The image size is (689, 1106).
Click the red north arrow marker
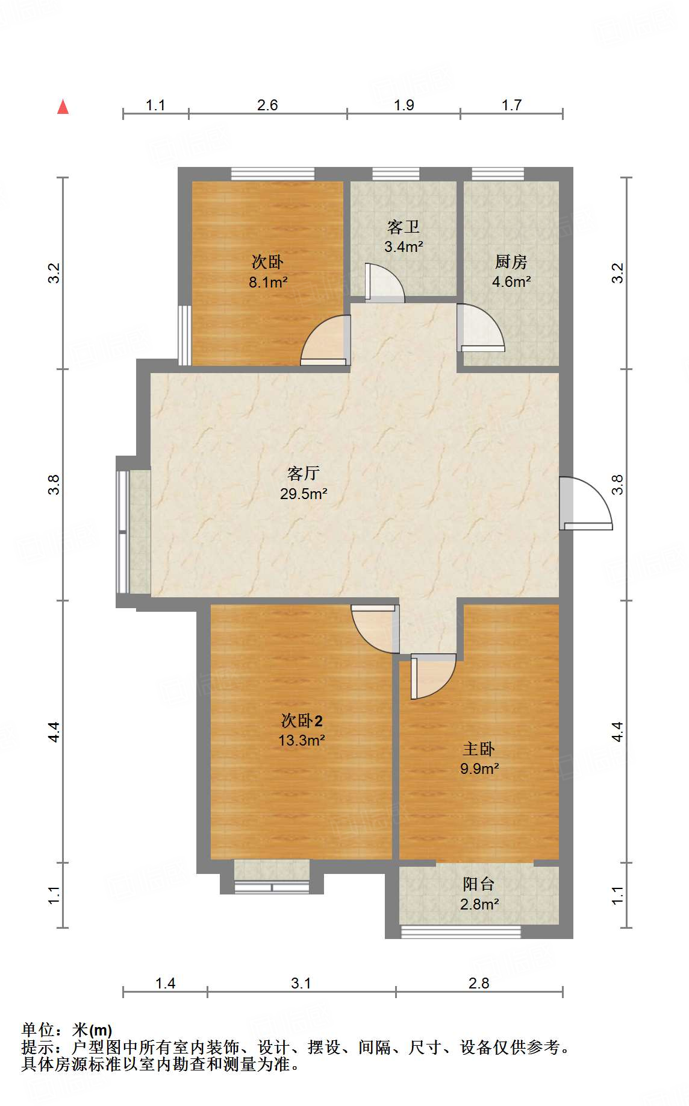[x=63, y=107]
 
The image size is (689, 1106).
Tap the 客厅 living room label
[x=303, y=473]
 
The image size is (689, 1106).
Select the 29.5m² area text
[x=304, y=494]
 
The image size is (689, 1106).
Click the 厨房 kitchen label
[x=511, y=262]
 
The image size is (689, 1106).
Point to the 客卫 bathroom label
[x=404, y=227]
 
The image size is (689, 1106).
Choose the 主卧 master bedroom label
[x=479, y=749]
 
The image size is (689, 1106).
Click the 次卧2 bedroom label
[x=302, y=720]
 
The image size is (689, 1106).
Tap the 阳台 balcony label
[x=479, y=884]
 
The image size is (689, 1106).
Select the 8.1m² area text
[x=268, y=282]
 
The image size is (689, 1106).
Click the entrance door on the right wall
[x=585, y=503]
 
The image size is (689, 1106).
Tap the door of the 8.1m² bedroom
[x=325, y=341]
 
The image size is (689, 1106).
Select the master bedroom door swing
[x=434, y=676]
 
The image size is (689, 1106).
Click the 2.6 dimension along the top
[x=267, y=105]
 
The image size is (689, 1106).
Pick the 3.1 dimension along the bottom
[x=301, y=983]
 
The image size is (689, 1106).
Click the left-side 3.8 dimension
[x=54, y=485]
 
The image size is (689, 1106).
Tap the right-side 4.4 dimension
[x=617, y=732]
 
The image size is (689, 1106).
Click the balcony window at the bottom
[x=461, y=932]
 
